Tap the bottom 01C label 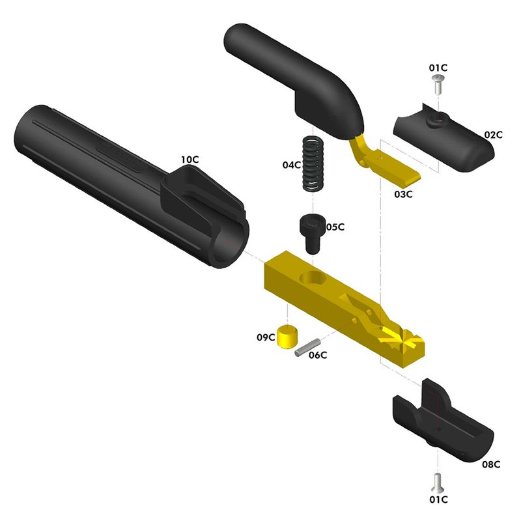[x=438, y=500]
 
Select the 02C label [x=493, y=135]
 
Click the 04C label [x=292, y=165]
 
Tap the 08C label [x=491, y=464]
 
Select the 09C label [x=265, y=337]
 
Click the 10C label [x=190, y=160]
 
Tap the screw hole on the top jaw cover [x=441, y=119]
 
